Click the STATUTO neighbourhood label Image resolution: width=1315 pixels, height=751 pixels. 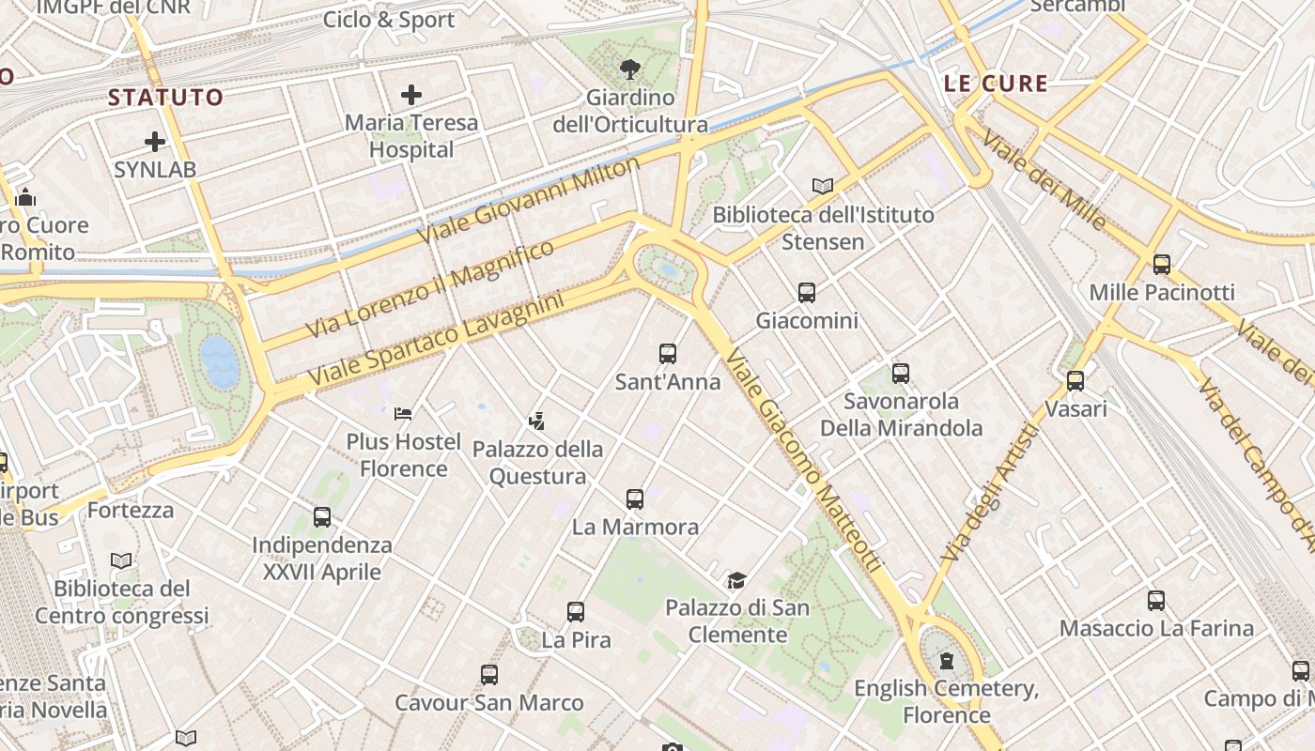click(165, 97)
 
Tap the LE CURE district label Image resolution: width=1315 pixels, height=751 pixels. click(996, 84)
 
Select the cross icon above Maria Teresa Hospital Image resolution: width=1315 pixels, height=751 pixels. click(411, 95)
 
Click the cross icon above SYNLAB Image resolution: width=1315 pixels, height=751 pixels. click(155, 143)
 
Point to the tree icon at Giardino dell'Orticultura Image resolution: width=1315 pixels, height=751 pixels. click(630, 69)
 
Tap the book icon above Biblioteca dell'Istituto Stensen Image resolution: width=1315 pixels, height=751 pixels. click(823, 186)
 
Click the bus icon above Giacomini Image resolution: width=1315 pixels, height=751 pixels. click(807, 293)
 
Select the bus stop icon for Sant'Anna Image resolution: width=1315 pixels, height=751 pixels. click(668, 354)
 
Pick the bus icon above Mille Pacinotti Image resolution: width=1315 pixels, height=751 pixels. click(1162, 265)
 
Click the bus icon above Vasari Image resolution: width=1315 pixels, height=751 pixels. click(1075, 381)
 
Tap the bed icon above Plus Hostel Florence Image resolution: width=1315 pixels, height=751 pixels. click(403, 413)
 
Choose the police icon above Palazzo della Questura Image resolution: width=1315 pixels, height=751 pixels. click(537, 421)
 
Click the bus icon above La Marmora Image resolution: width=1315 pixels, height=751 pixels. click(635, 498)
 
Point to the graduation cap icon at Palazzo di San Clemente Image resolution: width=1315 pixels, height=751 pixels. click(737, 580)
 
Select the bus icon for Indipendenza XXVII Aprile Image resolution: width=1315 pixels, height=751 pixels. click(322, 517)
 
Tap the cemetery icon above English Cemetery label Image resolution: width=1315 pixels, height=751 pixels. click(947, 661)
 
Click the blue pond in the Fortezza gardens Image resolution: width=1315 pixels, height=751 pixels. click(220, 362)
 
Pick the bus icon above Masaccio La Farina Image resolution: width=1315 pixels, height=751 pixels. click(1156, 601)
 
